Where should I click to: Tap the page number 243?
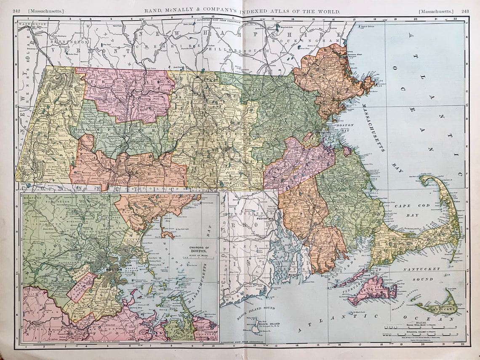point(465,11)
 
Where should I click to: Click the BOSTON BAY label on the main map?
point(345,128)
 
